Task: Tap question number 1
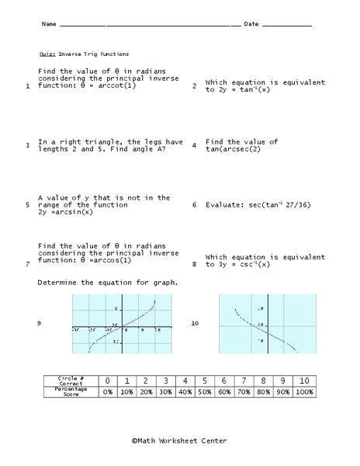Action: pos(27,86)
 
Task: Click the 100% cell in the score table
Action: pos(305,392)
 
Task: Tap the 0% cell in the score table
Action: pos(108,392)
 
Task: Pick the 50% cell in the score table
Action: pos(203,392)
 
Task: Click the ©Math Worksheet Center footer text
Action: pos(179,440)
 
